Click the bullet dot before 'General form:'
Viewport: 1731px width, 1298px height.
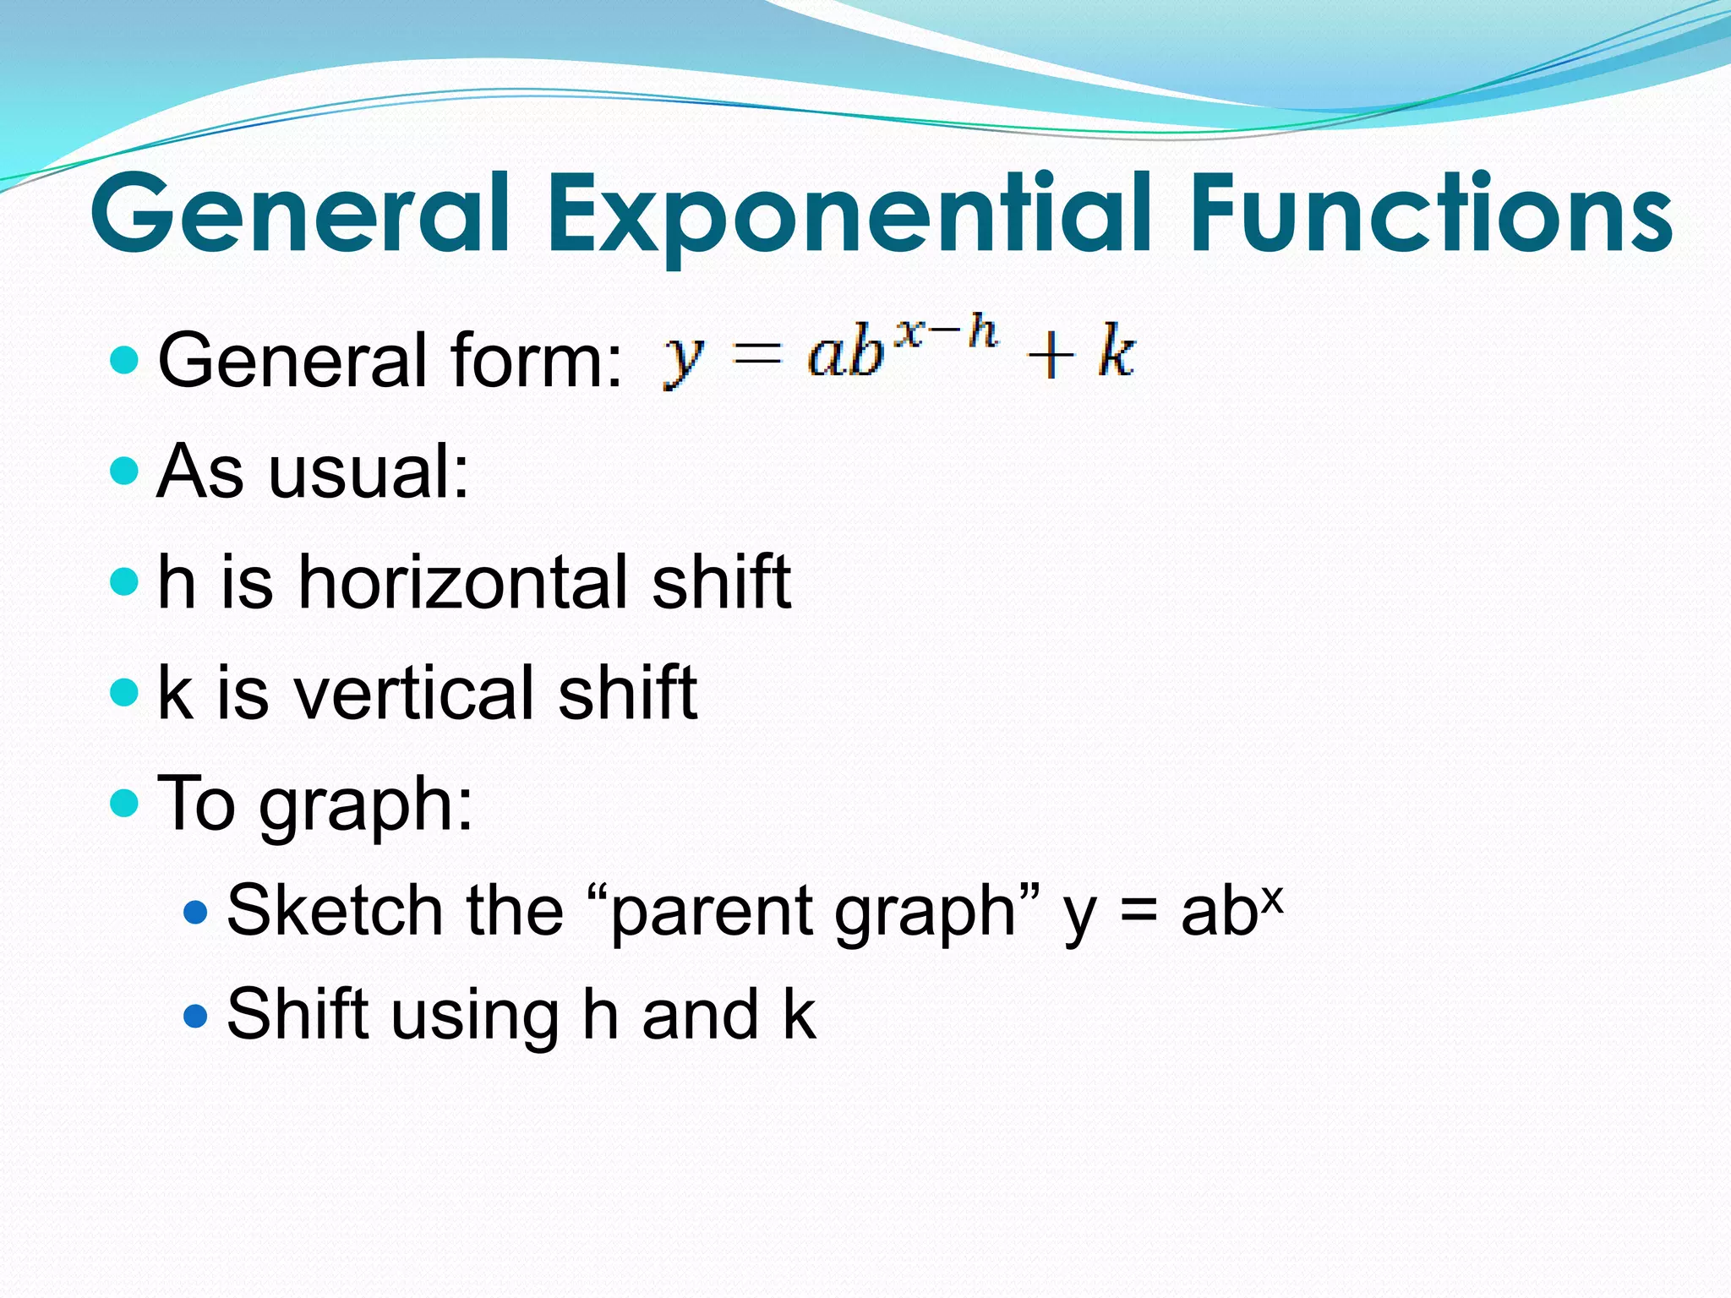[124, 361]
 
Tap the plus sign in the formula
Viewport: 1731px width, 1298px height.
[1051, 355]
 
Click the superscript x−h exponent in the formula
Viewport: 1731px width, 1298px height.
[947, 331]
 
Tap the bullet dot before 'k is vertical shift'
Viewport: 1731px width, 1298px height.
[124, 692]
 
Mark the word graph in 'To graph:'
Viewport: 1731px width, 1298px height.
[365, 805]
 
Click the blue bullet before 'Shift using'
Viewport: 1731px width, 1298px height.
[195, 1015]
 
